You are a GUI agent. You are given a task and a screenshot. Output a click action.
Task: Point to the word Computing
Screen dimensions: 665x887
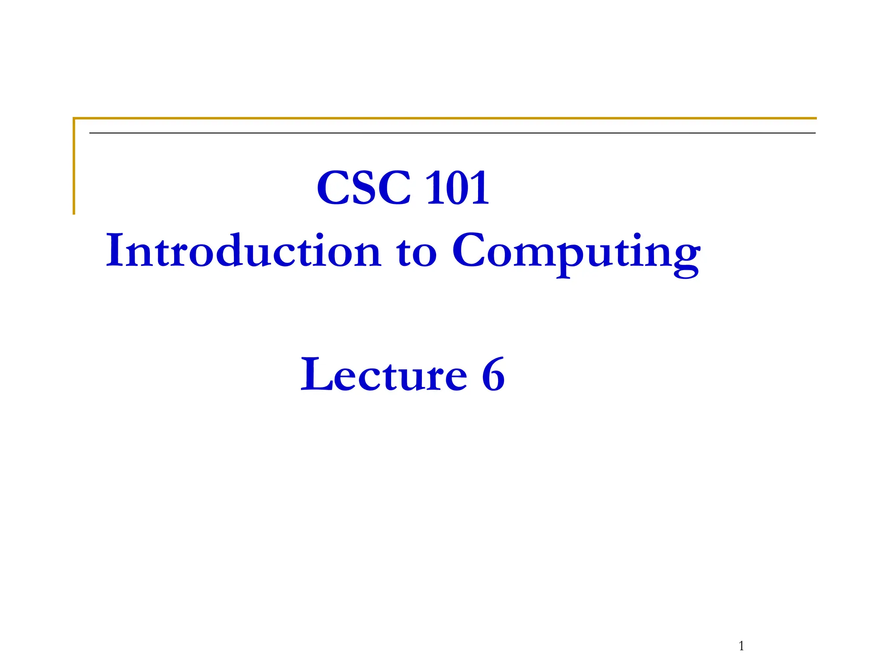pos(576,253)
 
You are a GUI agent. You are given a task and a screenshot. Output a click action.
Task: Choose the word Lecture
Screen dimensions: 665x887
pos(384,374)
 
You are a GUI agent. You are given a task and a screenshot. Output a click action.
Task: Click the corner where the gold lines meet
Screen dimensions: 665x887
pos(74,118)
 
